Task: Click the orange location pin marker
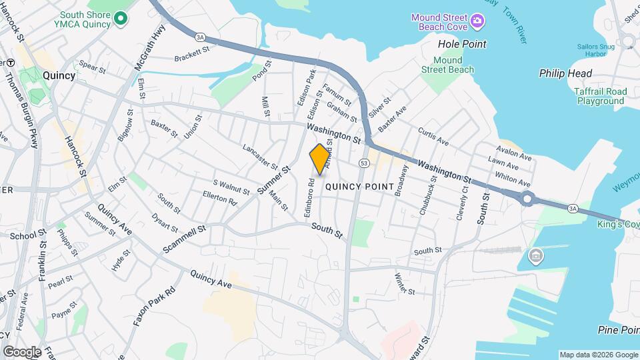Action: pos(320,159)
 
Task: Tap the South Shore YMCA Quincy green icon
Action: pos(120,19)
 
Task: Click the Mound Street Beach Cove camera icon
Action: pos(477,22)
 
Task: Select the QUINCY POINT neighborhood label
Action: pos(360,187)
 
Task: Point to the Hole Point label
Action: pos(462,44)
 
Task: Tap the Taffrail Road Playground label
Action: pos(601,96)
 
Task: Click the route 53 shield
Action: pos(364,163)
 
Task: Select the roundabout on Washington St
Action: pos(529,198)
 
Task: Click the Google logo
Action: pos(22,351)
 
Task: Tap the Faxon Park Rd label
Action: pos(153,306)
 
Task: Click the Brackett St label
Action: pos(192,54)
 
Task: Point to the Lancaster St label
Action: pos(260,157)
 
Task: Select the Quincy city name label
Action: pos(59,75)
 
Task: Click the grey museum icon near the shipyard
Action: pos(535,255)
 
